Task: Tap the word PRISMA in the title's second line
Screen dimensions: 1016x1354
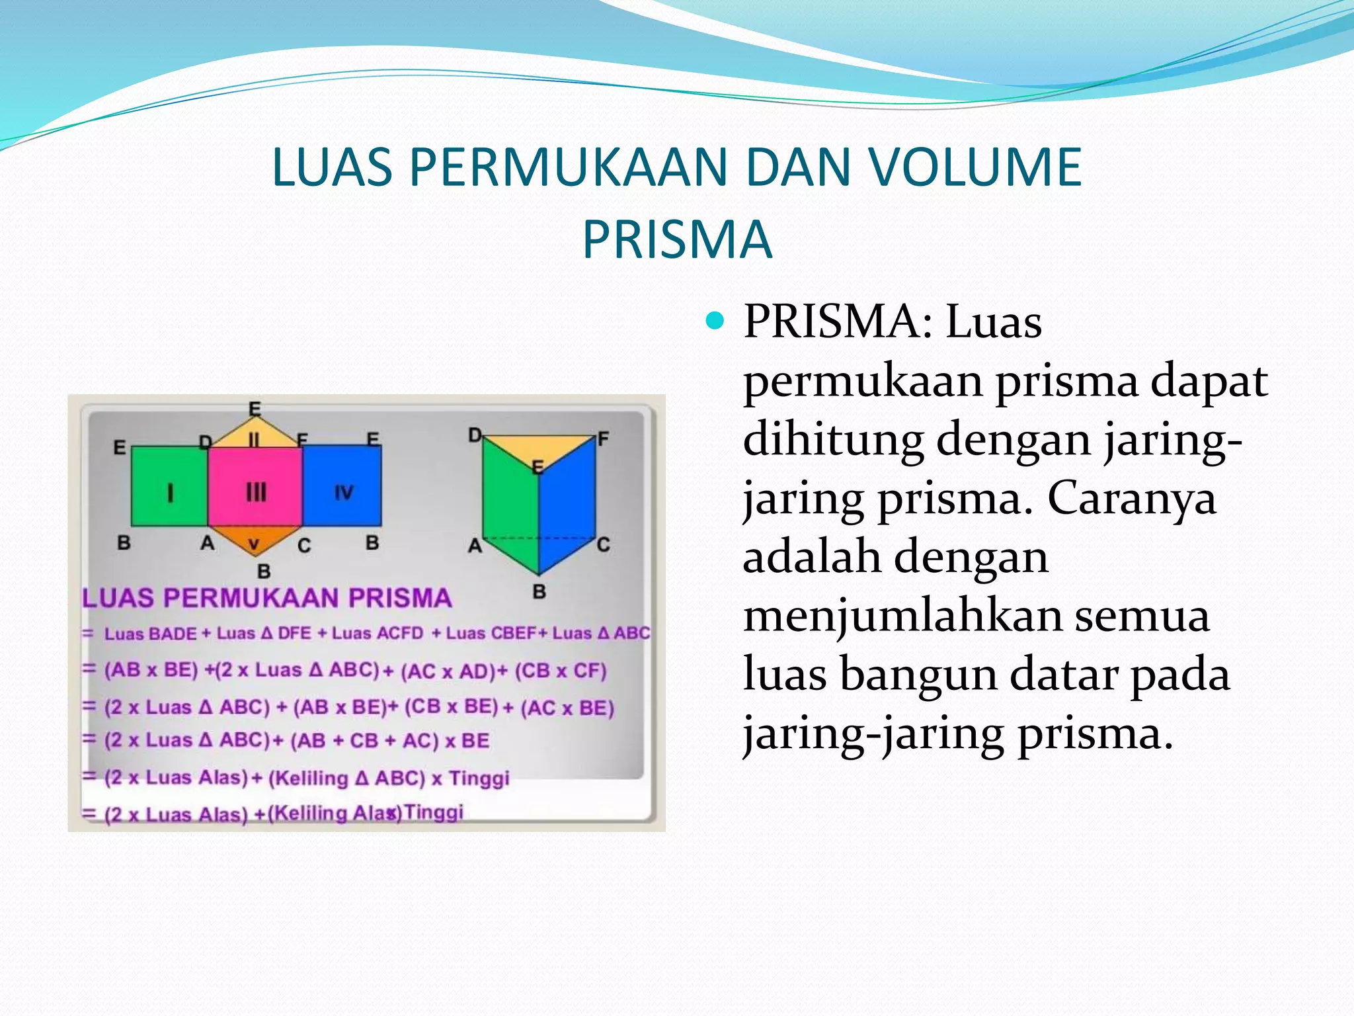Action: tap(677, 239)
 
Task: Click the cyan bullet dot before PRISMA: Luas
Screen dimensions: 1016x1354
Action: tap(715, 322)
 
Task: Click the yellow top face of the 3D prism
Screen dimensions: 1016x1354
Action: tap(539, 448)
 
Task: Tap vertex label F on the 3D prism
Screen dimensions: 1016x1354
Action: tap(603, 439)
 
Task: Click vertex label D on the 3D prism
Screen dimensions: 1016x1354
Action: tap(475, 435)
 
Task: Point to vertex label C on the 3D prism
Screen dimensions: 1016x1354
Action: tap(603, 544)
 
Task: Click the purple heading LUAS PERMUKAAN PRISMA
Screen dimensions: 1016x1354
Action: tap(267, 598)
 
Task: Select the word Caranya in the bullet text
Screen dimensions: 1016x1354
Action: tap(1131, 498)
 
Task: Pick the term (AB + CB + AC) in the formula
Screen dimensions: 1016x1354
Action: tap(364, 741)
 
